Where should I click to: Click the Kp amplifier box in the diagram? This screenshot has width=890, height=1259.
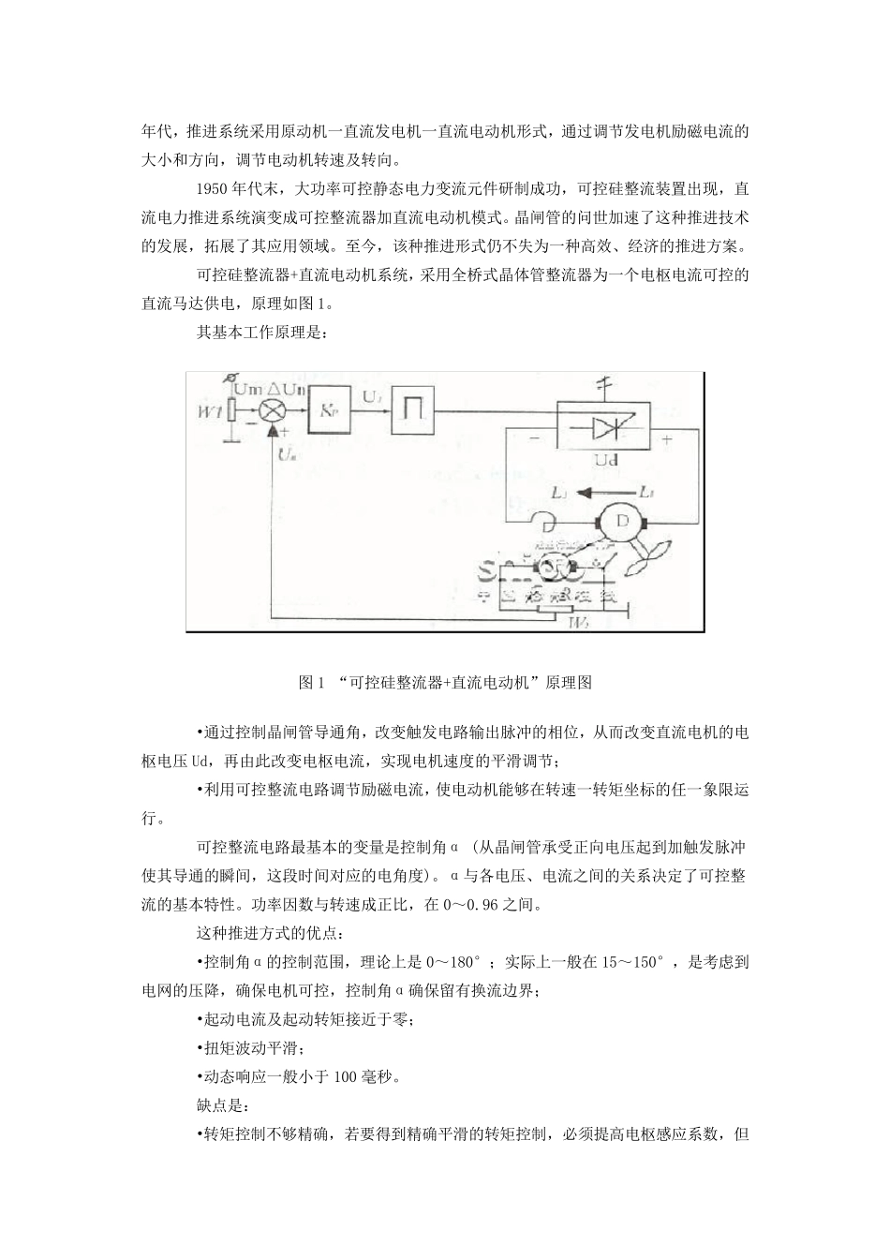330,409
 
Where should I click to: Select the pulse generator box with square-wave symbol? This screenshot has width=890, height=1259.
413,409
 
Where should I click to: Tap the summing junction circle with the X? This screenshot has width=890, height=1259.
273,410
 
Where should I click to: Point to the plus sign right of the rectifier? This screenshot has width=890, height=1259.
666,438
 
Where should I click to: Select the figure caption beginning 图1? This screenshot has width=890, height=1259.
444,683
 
